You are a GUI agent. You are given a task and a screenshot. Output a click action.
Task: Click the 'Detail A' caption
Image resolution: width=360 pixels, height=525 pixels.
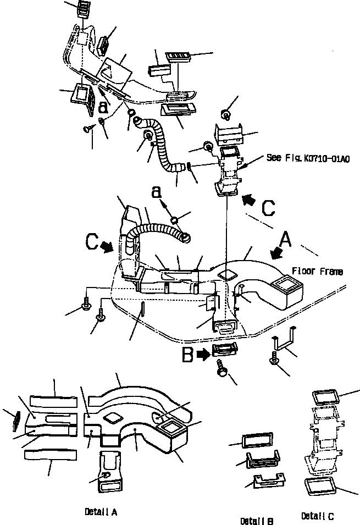point(101,512)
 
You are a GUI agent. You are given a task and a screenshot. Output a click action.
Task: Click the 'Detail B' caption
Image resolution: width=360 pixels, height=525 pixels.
point(257,520)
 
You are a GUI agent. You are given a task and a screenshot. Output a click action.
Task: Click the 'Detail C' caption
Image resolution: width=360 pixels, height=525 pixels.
point(318,516)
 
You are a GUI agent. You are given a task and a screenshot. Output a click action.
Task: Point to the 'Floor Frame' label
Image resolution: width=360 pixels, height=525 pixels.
point(318,272)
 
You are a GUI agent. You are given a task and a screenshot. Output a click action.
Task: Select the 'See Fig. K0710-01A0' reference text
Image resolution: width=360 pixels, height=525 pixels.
point(308,157)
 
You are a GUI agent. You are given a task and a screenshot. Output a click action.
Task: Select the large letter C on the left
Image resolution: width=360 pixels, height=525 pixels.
point(92,242)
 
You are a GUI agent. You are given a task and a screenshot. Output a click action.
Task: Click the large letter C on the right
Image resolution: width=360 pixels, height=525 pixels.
point(268,208)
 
